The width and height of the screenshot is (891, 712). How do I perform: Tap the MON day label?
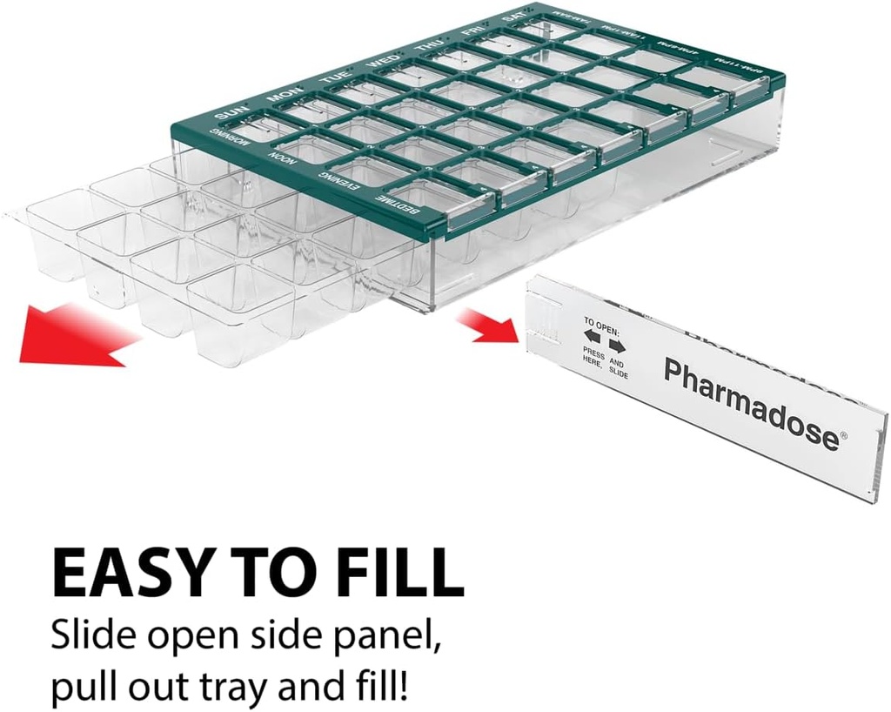[x=285, y=93]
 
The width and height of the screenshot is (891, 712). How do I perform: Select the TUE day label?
[x=334, y=77]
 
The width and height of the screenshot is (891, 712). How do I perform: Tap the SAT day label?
[x=513, y=17]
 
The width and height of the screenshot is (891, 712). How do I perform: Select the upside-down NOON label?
[x=278, y=156]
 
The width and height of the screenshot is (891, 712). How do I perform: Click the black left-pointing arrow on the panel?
[x=592, y=336]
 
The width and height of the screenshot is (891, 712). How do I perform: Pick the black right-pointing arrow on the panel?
[x=617, y=345]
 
